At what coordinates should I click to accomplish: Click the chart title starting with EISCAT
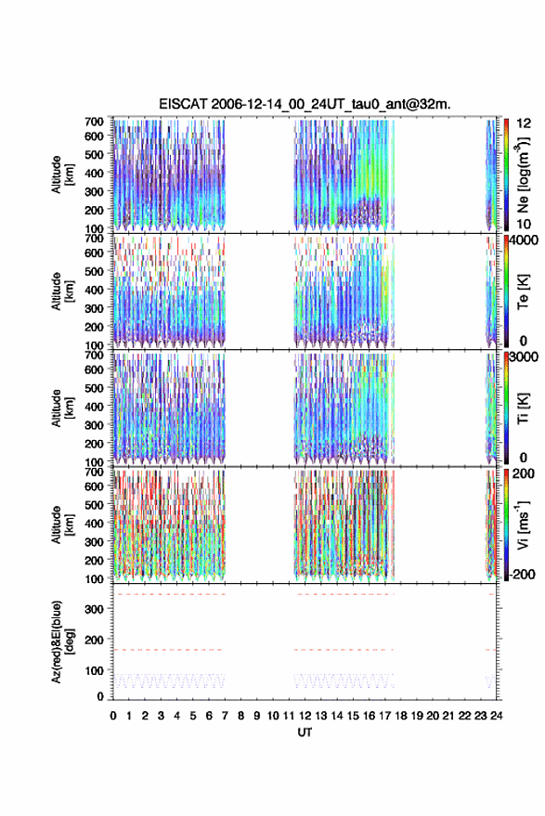pyautogui.click(x=305, y=104)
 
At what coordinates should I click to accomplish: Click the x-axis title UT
pyautogui.click(x=305, y=732)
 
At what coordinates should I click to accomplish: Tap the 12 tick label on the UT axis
pyautogui.click(x=305, y=716)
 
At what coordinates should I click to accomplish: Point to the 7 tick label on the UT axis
pyautogui.click(x=225, y=716)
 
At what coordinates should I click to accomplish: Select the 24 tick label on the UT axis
pyautogui.click(x=497, y=716)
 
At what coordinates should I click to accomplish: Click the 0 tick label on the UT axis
pyautogui.click(x=113, y=716)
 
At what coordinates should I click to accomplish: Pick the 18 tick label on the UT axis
pyautogui.click(x=401, y=716)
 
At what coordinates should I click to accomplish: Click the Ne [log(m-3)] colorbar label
pyautogui.click(x=523, y=175)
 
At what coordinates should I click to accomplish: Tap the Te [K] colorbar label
pyautogui.click(x=523, y=291)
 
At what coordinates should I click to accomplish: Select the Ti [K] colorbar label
pyautogui.click(x=523, y=408)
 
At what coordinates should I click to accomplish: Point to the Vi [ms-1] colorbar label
pyautogui.click(x=523, y=525)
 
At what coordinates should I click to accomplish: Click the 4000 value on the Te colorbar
pyautogui.click(x=525, y=240)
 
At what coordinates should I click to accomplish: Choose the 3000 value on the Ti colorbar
pyautogui.click(x=525, y=357)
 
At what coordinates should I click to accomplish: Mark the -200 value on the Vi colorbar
pyautogui.click(x=522, y=575)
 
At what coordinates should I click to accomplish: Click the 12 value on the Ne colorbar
pyautogui.click(x=525, y=123)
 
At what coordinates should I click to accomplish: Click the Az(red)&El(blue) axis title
pyautogui.click(x=62, y=641)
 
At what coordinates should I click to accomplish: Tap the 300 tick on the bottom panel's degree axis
pyautogui.click(x=94, y=609)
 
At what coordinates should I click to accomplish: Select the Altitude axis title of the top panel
pyautogui.click(x=62, y=175)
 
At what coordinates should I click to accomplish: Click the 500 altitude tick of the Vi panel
pyautogui.click(x=94, y=505)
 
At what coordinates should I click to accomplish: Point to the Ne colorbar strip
pyautogui.click(x=506, y=175)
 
